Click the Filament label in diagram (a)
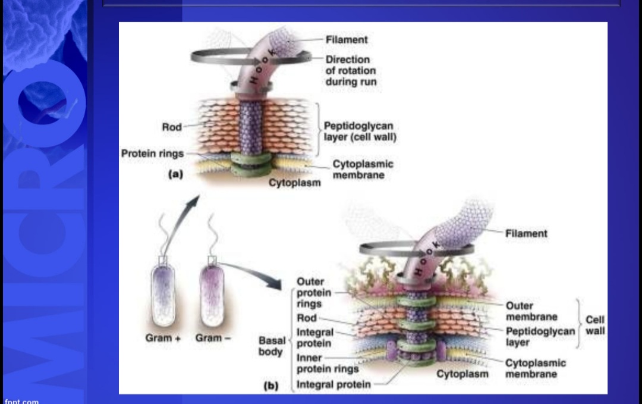tap(347, 40)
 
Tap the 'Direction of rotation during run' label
tap(351, 71)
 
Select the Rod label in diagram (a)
tap(171, 127)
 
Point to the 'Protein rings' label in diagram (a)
tap(152, 154)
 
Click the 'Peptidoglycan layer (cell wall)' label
tap(359, 131)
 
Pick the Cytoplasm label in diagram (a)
tap(294, 182)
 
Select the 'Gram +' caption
tap(163, 338)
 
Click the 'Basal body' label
tap(270, 346)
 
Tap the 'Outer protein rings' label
tap(314, 292)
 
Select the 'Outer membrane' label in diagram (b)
tap(531, 311)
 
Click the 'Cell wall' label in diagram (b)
tap(594, 325)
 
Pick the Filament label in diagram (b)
tap(526, 234)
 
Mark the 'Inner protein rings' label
tap(327, 364)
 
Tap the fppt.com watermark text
tap(21, 401)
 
